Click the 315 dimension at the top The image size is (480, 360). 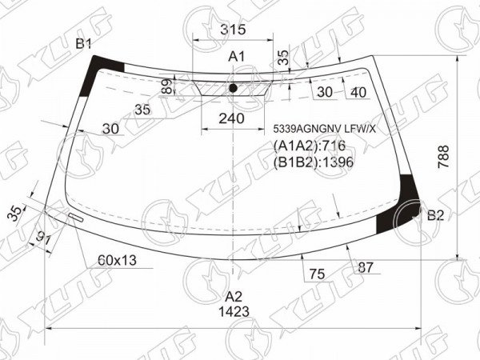coord(233,30)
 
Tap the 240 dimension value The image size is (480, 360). coord(231,118)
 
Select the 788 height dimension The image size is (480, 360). coord(443,157)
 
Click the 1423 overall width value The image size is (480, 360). coord(234,312)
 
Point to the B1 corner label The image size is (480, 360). coord(83,45)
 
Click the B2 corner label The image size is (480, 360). coord(435,215)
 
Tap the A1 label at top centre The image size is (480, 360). coord(237,57)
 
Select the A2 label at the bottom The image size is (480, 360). coord(234,297)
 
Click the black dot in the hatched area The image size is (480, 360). coord(234,88)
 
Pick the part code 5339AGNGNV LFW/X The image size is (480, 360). coord(324,130)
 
